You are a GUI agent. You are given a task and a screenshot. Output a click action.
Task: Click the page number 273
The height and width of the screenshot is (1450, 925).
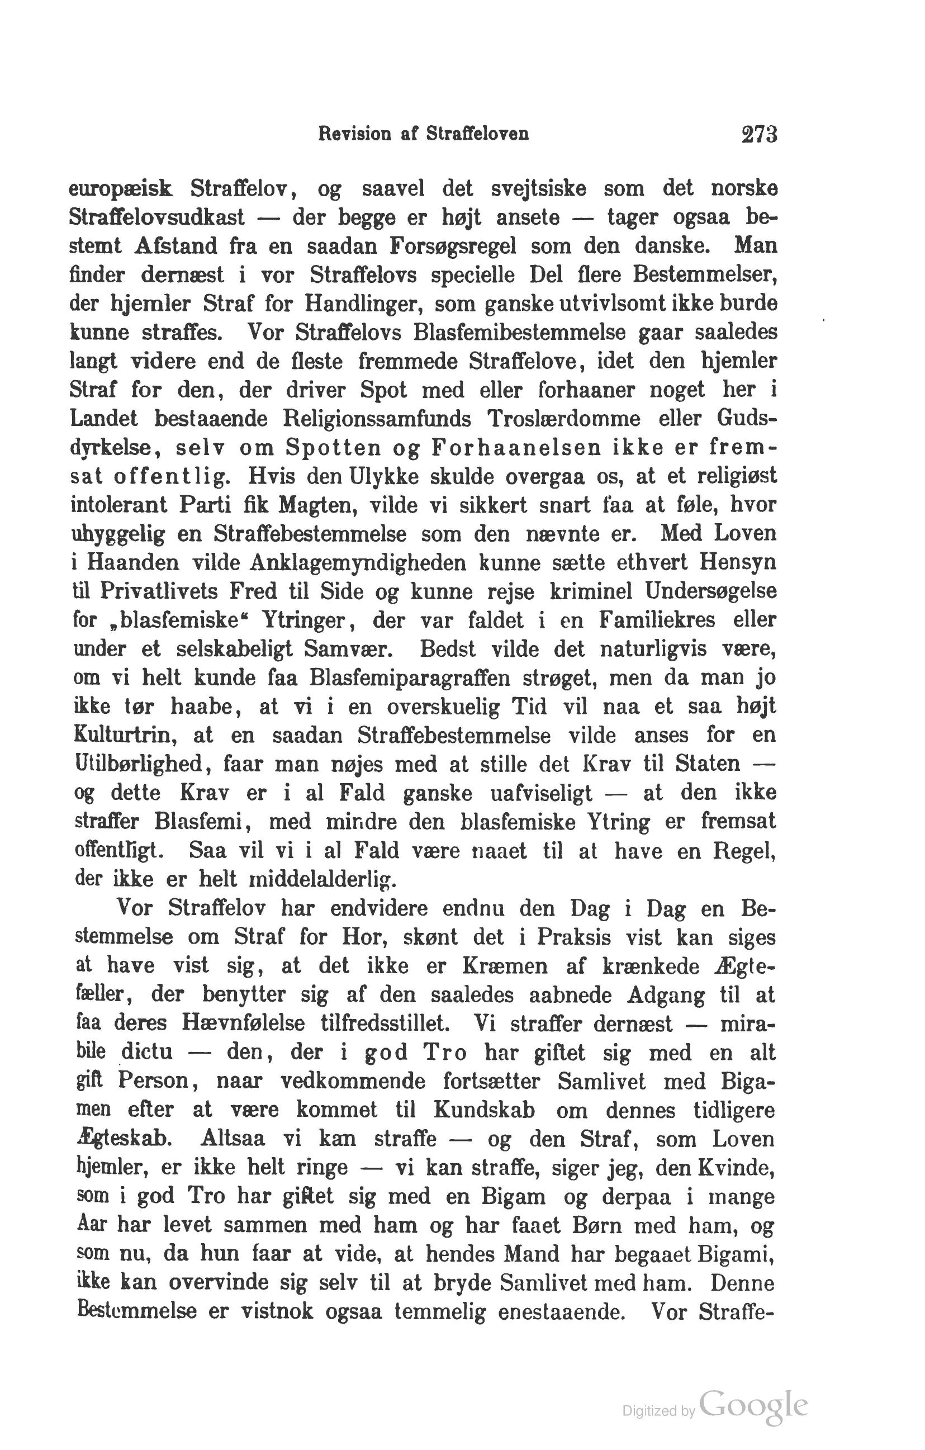(x=760, y=134)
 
